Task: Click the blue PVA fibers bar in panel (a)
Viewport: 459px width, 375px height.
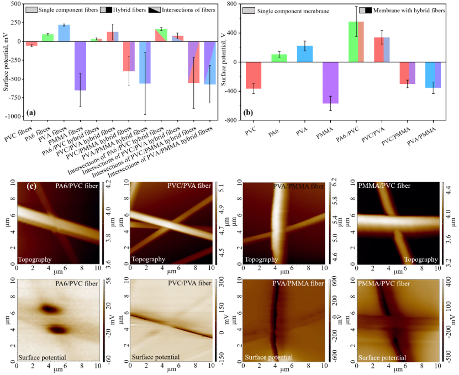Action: (64, 33)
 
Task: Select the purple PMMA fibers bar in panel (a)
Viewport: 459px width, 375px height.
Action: (81, 66)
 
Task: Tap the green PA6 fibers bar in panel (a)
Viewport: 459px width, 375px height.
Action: (48, 38)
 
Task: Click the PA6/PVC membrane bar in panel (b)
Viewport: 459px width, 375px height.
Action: (356, 42)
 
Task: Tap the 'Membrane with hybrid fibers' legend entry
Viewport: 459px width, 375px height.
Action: (409, 10)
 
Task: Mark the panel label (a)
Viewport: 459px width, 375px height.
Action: (31, 113)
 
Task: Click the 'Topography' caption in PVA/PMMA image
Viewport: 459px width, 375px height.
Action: (262, 259)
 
